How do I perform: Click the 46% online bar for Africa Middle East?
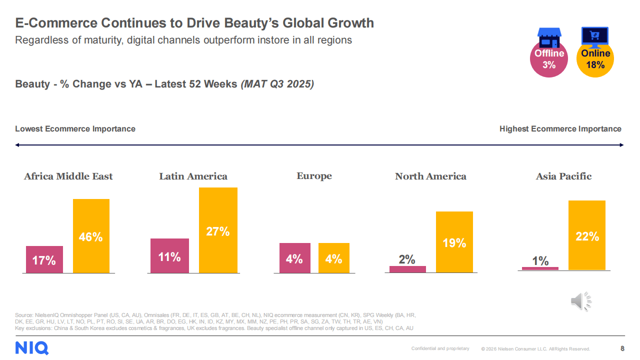point(91,236)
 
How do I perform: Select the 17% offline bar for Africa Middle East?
point(44,259)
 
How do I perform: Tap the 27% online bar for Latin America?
point(218,230)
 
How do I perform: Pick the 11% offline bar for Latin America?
point(169,256)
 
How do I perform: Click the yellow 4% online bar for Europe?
point(333,258)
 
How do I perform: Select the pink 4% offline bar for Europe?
point(294,258)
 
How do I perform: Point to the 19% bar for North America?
point(454,242)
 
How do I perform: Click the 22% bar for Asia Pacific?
point(586,235)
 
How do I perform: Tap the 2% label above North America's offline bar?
point(407,259)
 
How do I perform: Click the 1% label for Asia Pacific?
point(540,261)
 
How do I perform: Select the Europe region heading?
point(314,176)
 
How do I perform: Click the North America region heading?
point(430,176)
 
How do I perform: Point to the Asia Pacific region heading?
point(563,176)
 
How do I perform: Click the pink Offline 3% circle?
point(549,59)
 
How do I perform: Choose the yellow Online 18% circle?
point(595,59)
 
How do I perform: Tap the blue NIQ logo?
point(32,347)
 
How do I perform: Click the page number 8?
point(622,348)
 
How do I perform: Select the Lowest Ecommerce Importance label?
point(75,129)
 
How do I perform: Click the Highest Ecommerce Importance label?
point(560,129)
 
